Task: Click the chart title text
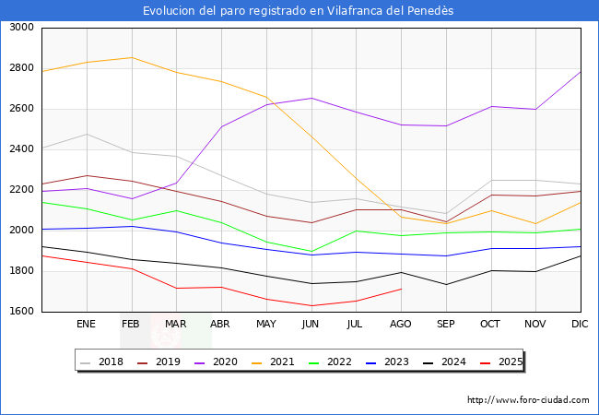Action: pos(299,11)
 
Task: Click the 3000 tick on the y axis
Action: pos(21,28)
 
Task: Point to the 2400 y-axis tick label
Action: pos(21,149)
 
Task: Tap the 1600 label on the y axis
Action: pos(21,312)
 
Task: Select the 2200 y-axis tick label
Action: pos(21,190)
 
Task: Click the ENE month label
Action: pos(86,325)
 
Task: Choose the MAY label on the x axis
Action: pos(265,325)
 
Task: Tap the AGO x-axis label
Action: pos(401,325)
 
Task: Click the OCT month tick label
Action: pos(490,325)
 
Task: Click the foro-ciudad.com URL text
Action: pos(528,400)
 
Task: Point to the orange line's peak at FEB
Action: pos(131,57)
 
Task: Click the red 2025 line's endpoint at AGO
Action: pos(401,289)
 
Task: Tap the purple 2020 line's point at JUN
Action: pos(311,98)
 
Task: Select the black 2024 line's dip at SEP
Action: pos(446,284)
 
